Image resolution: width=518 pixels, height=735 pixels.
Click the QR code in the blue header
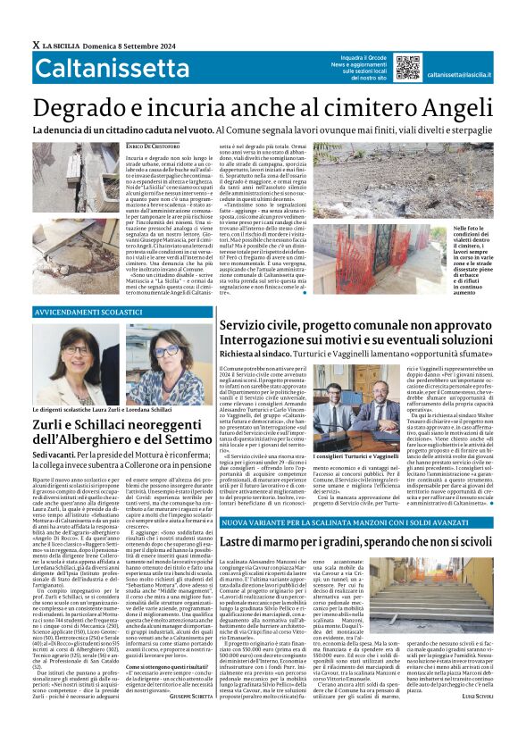point(407,67)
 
